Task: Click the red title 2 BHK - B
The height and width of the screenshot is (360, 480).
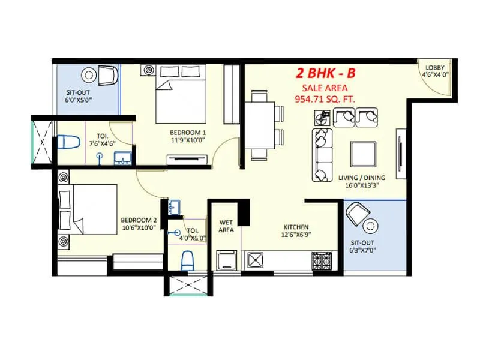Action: click(325, 74)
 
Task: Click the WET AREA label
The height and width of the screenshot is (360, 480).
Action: click(226, 226)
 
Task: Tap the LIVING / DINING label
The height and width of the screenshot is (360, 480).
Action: click(361, 178)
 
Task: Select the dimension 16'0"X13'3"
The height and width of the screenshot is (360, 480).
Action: click(361, 186)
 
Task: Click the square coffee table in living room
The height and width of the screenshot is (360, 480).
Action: click(364, 154)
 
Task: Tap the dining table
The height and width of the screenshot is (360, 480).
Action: click(259, 125)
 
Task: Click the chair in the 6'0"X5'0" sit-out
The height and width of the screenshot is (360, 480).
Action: click(108, 76)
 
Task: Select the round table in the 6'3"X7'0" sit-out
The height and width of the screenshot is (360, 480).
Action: click(370, 226)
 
